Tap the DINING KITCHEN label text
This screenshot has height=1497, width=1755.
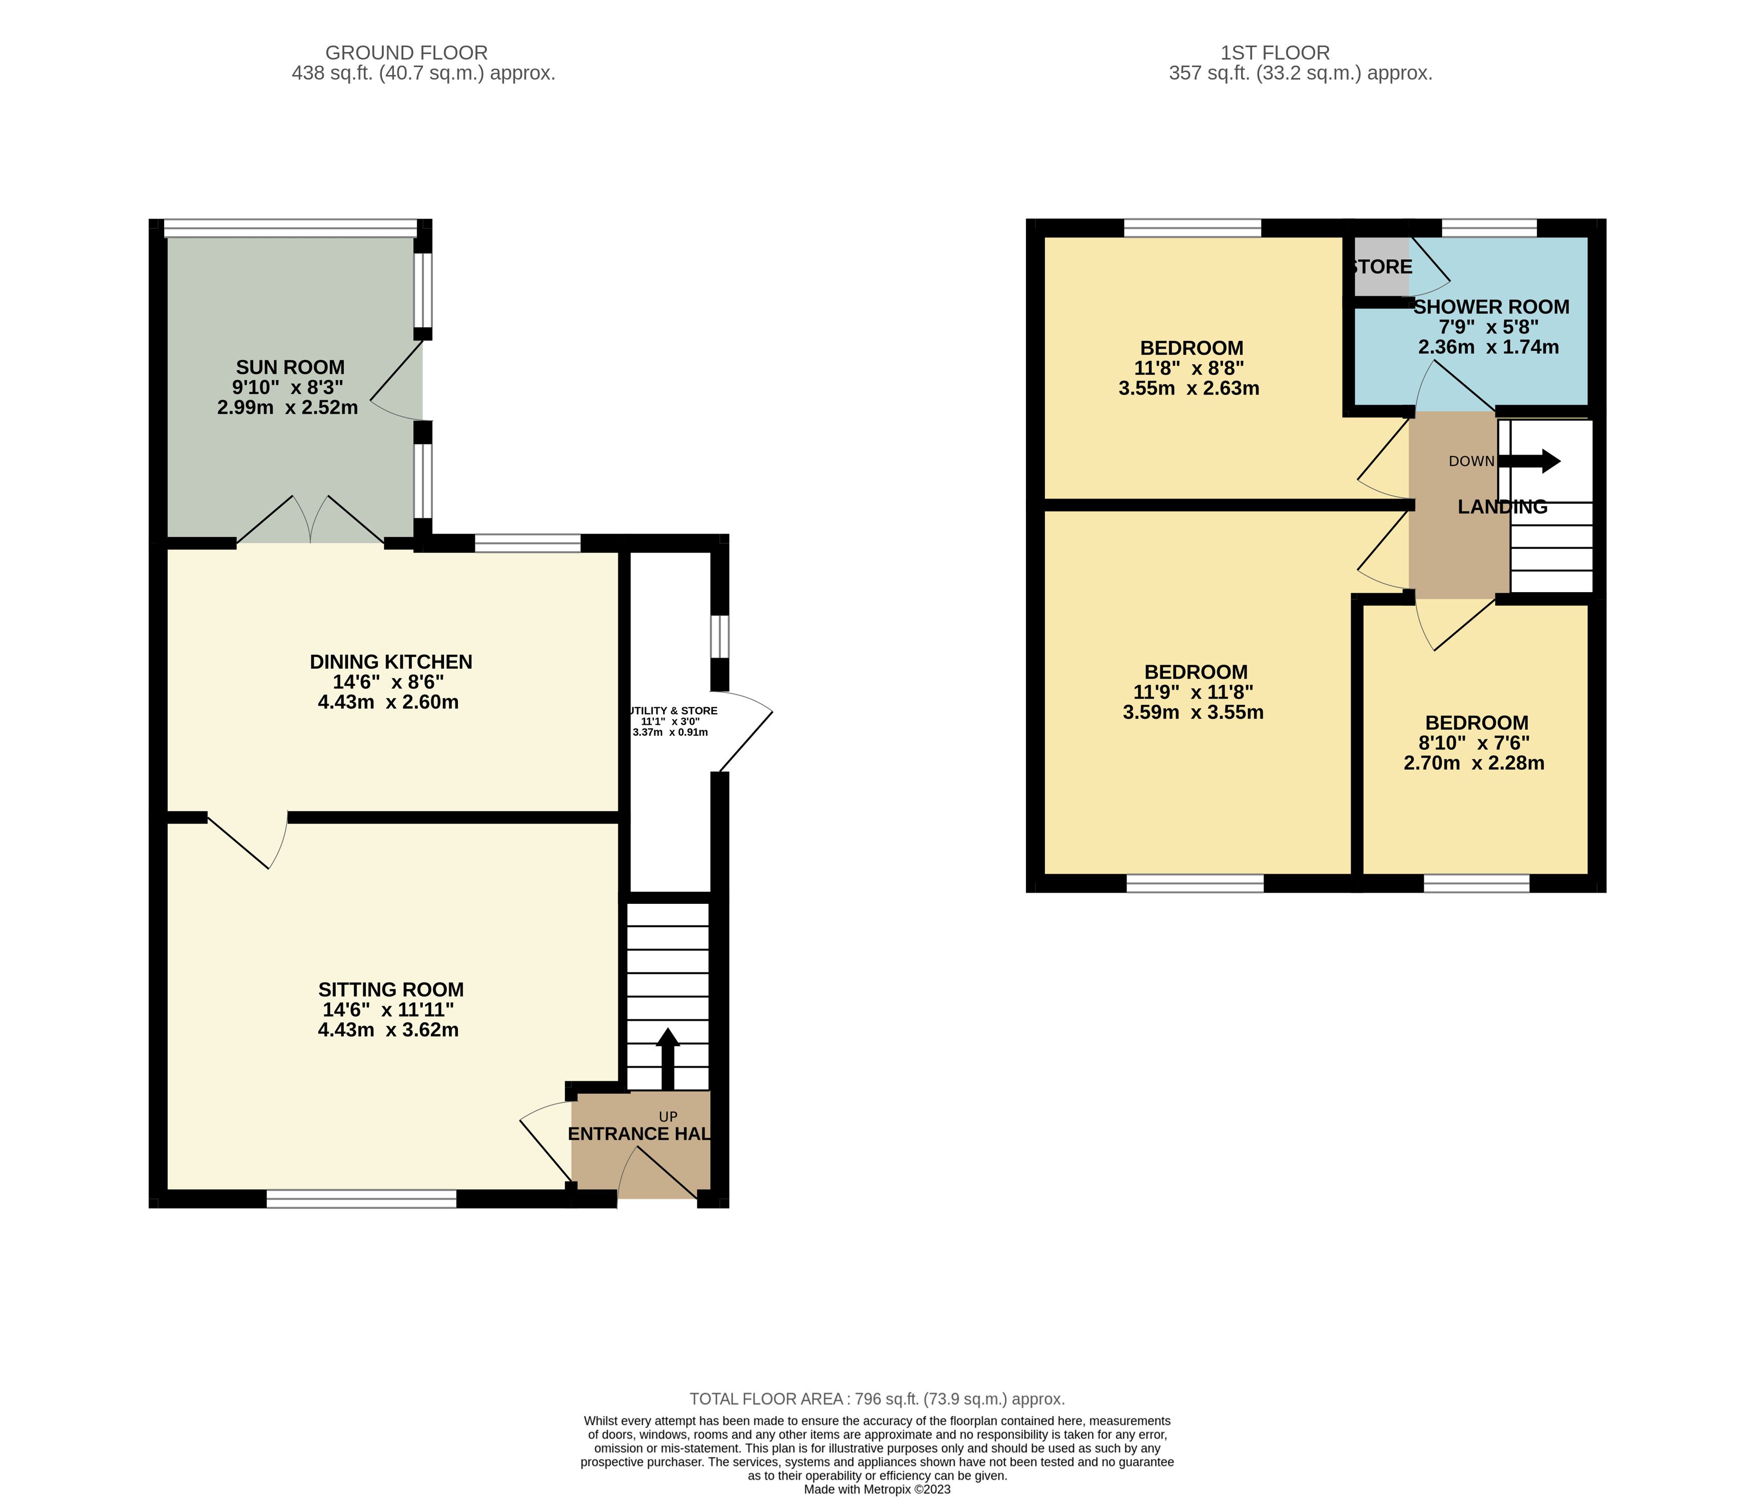tap(390, 662)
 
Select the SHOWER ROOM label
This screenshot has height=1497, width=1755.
tap(1491, 307)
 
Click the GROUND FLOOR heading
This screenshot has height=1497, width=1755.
tap(406, 53)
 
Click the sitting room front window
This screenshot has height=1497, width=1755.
tap(362, 1198)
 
